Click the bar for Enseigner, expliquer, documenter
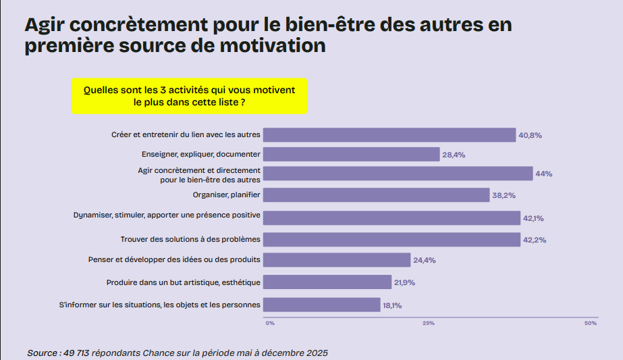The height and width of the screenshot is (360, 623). (351, 155)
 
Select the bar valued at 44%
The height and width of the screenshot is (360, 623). (398, 174)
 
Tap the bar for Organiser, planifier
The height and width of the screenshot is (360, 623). (376, 195)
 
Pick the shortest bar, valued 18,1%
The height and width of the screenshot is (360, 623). (321, 305)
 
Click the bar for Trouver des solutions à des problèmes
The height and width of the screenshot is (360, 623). (391, 239)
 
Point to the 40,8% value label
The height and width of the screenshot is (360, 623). (530, 135)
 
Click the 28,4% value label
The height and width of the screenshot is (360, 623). (454, 155)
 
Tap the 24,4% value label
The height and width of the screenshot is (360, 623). (425, 260)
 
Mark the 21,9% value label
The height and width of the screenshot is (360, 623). (405, 282)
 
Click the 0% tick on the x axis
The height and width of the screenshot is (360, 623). (270, 324)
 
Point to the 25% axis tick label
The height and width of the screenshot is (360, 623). (428, 324)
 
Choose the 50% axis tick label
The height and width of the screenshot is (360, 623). (590, 324)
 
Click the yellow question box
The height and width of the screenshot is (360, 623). (189, 96)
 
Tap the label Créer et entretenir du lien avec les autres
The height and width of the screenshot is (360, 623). (186, 135)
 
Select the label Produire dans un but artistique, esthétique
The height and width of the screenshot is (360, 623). (184, 282)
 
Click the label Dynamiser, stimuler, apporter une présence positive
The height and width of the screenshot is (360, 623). (167, 216)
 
